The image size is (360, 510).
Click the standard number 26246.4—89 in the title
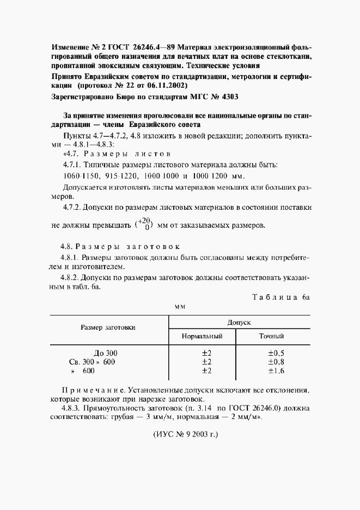pyautogui.click(x=154, y=47)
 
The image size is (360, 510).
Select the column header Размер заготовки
pyautogui.click(x=108, y=327)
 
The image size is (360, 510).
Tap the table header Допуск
pyautogui.click(x=239, y=322)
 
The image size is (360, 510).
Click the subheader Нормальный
pyautogui.click(x=203, y=336)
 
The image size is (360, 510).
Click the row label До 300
pyautogui.click(x=105, y=353)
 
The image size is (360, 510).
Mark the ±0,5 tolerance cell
pyautogui.click(x=276, y=353)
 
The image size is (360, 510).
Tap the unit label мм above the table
pyautogui.click(x=180, y=307)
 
